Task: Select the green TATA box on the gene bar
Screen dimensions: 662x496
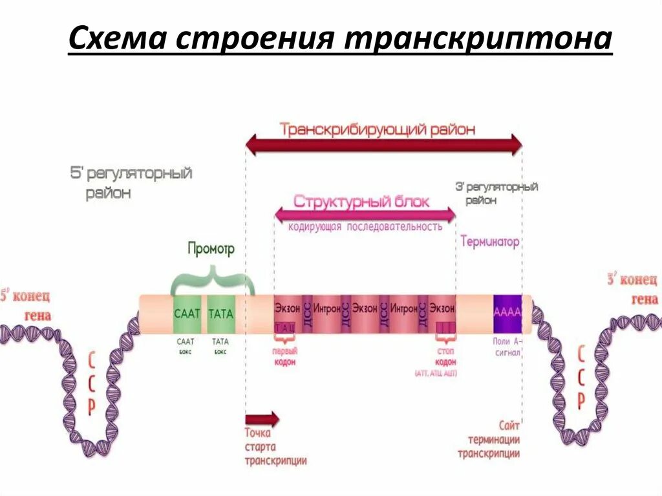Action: click(222, 314)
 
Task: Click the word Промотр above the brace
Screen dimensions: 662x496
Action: click(211, 248)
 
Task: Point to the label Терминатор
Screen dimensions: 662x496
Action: click(489, 242)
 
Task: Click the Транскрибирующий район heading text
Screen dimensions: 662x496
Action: click(378, 129)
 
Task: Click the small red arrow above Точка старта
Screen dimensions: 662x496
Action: click(262, 418)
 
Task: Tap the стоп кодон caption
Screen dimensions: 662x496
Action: click(445, 356)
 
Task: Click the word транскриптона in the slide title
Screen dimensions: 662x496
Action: click(477, 40)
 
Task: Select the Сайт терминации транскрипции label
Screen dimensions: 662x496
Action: click(489, 439)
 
